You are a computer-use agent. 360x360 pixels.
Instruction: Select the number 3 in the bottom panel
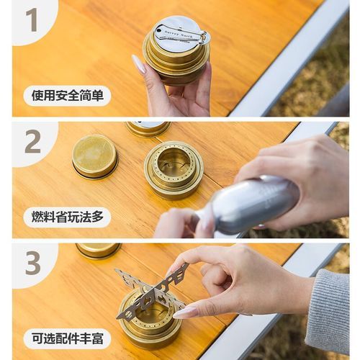(x=32, y=263)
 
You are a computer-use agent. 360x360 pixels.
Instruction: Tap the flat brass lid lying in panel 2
(x=95, y=156)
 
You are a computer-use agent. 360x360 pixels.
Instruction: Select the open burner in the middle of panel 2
(x=173, y=169)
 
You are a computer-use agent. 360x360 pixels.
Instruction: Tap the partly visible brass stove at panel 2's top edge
(x=148, y=128)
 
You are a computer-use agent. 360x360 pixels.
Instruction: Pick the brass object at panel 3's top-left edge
(x=99, y=250)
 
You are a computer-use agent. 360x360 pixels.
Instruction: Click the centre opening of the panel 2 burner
(x=174, y=164)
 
